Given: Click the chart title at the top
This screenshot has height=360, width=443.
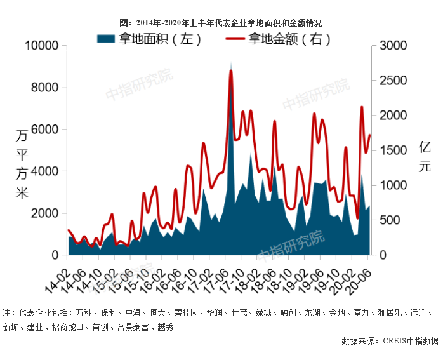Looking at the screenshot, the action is click(x=221, y=23).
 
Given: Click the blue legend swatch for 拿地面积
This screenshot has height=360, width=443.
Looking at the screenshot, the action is click(x=106, y=39).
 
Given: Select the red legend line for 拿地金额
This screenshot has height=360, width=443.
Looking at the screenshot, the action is click(x=235, y=39).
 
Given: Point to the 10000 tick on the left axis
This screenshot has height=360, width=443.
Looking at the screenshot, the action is click(x=42, y=46).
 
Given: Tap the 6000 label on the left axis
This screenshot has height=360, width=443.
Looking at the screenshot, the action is click(x=44, y=130).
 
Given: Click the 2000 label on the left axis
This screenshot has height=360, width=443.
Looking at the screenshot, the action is click(x=44, y=213).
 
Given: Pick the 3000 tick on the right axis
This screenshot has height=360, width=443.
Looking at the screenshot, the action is click(x=393, y=46).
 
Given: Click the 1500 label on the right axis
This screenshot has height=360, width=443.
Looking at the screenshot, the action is click(x=393, y=150).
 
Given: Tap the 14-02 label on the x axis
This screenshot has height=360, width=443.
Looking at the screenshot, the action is click(x=57, y=281).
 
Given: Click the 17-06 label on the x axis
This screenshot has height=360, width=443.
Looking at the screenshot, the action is click(x=216, y=281).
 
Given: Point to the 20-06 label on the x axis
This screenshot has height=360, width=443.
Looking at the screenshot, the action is click(x=358, y=281).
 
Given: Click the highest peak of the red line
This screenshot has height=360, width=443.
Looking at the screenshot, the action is click(x=231, y=71).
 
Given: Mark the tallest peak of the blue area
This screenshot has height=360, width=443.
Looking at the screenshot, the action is click(x=231, y=63).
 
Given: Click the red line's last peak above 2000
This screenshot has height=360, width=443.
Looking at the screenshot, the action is click(x=362, y=107).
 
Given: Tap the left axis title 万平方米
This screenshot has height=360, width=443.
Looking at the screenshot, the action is click(x=22, y=164).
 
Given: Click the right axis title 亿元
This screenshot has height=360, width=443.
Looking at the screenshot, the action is click(x=425, y=157).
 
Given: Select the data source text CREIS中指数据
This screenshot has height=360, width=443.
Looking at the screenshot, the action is click(x=411, y=341).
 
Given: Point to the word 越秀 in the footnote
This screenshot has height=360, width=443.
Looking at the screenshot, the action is click(x=166, y=327).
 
